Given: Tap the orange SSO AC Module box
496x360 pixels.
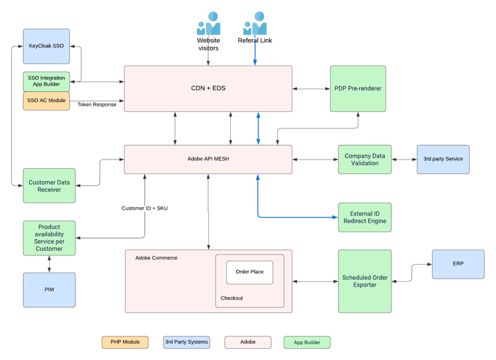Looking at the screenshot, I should point(46,101).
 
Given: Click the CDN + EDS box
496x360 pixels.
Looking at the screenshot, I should point(208,88).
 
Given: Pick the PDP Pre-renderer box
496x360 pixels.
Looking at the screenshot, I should point(358,88).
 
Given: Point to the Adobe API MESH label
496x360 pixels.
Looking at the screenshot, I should point(208,159).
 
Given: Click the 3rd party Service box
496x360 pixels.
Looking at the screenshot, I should point(443,159).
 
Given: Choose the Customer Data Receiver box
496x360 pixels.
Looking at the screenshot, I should point(50,186).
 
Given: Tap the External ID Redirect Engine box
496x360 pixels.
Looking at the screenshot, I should point(364,217).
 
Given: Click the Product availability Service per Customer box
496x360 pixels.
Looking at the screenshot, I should point(50,238).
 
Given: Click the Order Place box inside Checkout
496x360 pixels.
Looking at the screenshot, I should point(249,272).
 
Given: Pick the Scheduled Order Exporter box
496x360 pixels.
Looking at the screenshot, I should point(364,281).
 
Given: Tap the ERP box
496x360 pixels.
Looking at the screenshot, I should point(458,264).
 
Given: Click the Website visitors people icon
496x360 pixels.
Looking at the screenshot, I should point(208,24).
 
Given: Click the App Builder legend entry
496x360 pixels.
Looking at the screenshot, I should point(307,342).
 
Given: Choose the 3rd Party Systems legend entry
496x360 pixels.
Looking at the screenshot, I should point(186,342).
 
